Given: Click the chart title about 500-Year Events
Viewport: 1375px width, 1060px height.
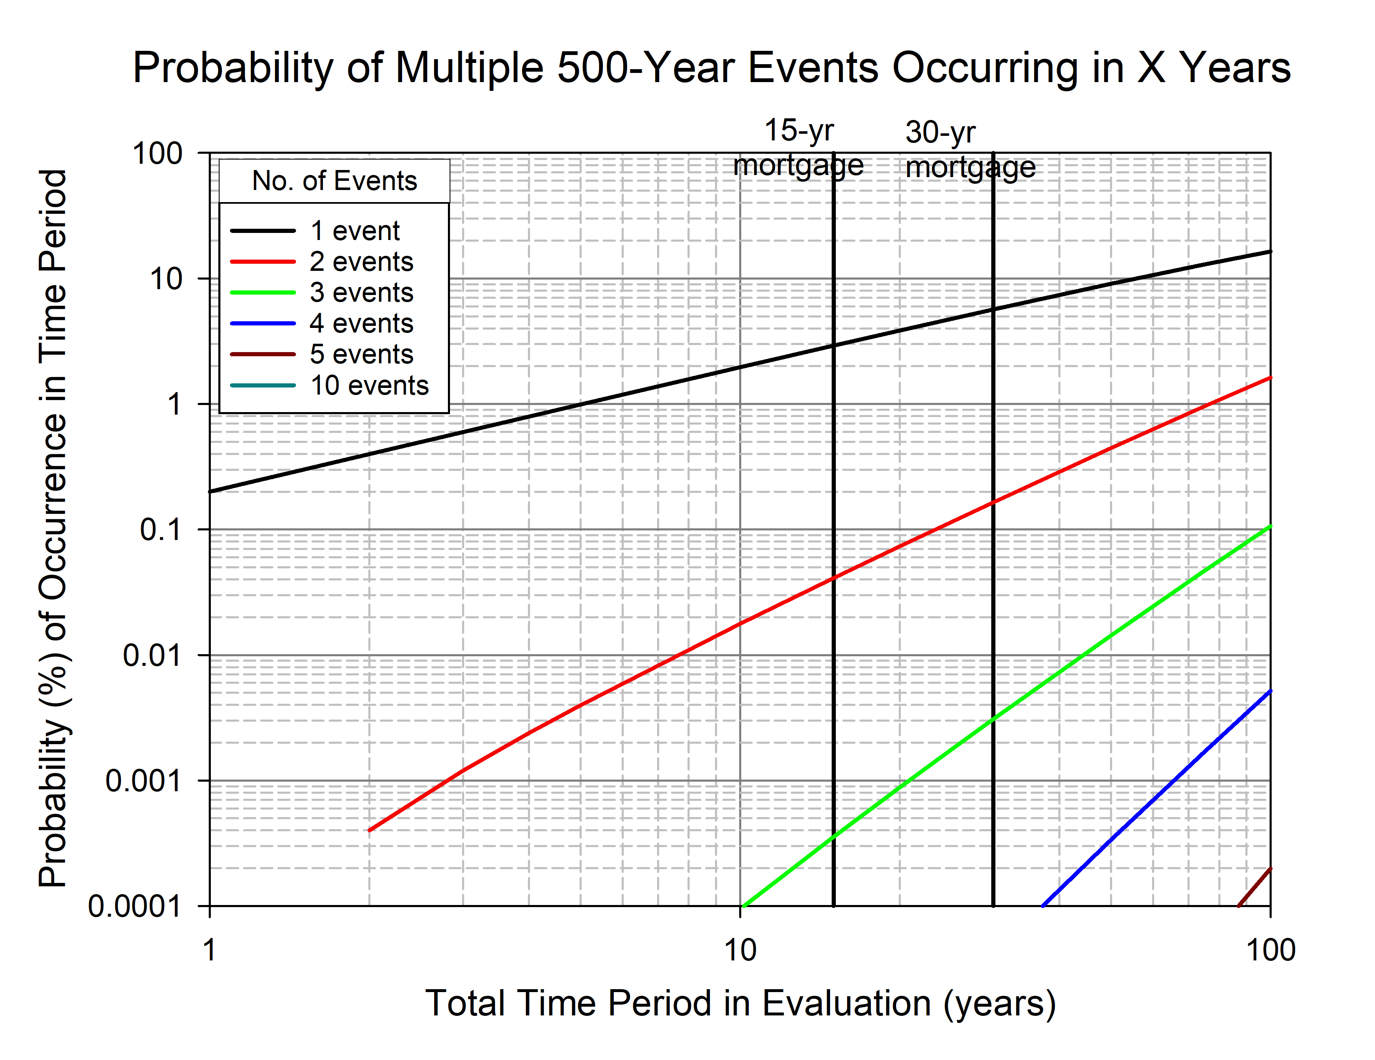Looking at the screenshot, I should click(x=711, y=67).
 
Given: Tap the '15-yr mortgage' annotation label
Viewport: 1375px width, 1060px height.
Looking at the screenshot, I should click(x=798, y=148).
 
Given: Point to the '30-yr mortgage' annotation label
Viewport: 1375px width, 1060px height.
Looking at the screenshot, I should click(x=970, y=150).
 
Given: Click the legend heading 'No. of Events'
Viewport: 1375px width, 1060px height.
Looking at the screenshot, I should click(x=334, y=181).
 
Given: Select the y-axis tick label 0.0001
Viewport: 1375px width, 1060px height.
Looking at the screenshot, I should click(x=135, y=906).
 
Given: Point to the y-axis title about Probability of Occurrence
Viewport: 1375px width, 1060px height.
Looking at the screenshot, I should click(x=53, y=529).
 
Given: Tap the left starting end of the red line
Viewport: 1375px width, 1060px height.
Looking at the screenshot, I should click(x=370, y=830).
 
